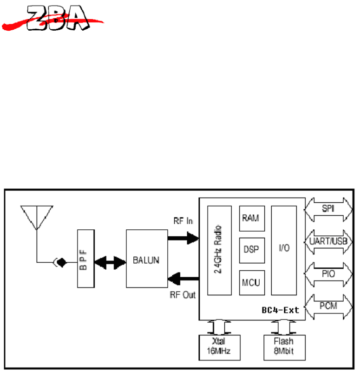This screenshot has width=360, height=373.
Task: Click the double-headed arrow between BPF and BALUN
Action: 110,262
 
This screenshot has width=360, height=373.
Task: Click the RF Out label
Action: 183,294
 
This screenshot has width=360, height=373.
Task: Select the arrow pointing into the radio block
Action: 183,239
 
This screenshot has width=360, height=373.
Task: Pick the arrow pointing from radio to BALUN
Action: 183,279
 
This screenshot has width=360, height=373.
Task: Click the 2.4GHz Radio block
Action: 219,251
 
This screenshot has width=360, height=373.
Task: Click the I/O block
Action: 283,250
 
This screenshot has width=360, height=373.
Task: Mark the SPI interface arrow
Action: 328,209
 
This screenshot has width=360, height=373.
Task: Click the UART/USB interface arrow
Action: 328,241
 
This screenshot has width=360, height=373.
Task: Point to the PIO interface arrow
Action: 328,274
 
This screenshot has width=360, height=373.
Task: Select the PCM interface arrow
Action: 328,306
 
